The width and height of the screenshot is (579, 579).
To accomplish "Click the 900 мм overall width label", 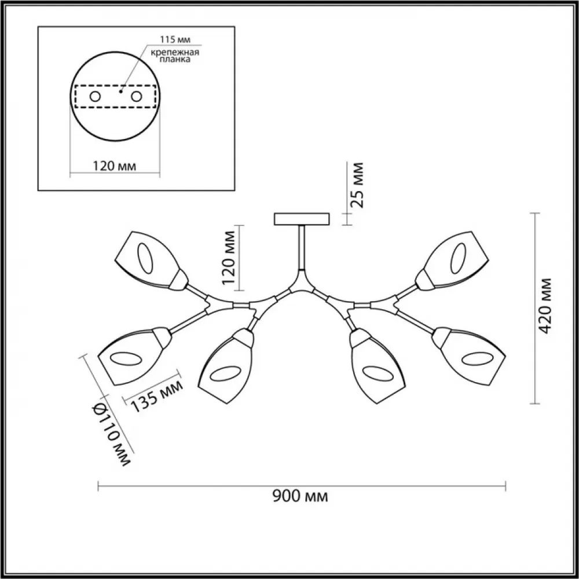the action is tap(300, 497).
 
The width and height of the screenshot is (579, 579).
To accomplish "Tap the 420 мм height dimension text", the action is tap(544, 306).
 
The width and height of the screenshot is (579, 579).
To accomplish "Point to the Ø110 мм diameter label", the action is tap(111, 434).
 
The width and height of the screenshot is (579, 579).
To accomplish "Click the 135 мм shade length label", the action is tap(157, 396).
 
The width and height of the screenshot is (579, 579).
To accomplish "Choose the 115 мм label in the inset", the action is tap(175, 39).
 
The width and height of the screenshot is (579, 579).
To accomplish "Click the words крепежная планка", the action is tap(175, 56).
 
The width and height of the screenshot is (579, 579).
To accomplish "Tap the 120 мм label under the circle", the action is tap(114, 166).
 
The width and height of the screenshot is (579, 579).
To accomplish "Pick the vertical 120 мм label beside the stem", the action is tap(229, 258).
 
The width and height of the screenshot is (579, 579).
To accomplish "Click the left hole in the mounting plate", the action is tap(96, 97).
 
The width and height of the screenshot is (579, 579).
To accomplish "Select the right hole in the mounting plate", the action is tap(137, 97).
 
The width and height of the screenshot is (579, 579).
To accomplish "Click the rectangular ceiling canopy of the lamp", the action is tap(302, 219).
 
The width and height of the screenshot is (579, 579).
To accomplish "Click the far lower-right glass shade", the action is tap(468, 356).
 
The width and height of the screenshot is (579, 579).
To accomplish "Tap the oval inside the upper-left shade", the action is tap(145, 258).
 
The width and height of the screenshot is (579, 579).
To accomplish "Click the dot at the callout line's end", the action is tap(121, 91).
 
